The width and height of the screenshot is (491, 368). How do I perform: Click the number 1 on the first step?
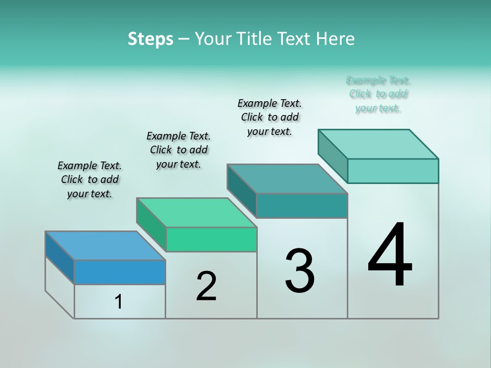tap(119, 302)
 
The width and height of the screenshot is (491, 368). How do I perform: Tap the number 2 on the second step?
tap(206, 286)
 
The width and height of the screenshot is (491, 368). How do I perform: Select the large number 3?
tap(300, 271)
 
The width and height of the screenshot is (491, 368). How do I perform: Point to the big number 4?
tap(390, 256)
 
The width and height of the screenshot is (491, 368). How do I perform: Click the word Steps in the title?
tap(150, 38)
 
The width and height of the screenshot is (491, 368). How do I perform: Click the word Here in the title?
tap(337, 38)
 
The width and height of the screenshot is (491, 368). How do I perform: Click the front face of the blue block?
tap(120, 272)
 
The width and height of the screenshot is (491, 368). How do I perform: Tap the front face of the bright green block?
tap(211, 239)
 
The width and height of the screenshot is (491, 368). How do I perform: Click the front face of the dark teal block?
tap(302, 205)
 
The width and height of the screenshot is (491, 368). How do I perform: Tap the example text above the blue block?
tap(90, 179)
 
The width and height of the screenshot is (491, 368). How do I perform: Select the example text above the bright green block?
tap(178, 150)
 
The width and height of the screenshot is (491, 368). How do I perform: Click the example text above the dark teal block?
tap(270, 117)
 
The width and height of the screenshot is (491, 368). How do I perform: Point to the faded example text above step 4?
tap(378, 94)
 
